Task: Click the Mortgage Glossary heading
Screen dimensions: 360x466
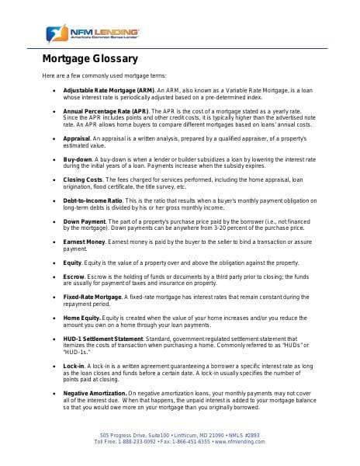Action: (x=90, y=58)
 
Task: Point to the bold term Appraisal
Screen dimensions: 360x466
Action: (x=77, y=138)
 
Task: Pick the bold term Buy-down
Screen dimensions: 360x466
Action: (x=78, y=158)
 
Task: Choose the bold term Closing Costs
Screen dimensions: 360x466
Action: (x=83, y=179)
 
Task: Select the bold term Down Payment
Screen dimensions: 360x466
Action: (x=84, y=221)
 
